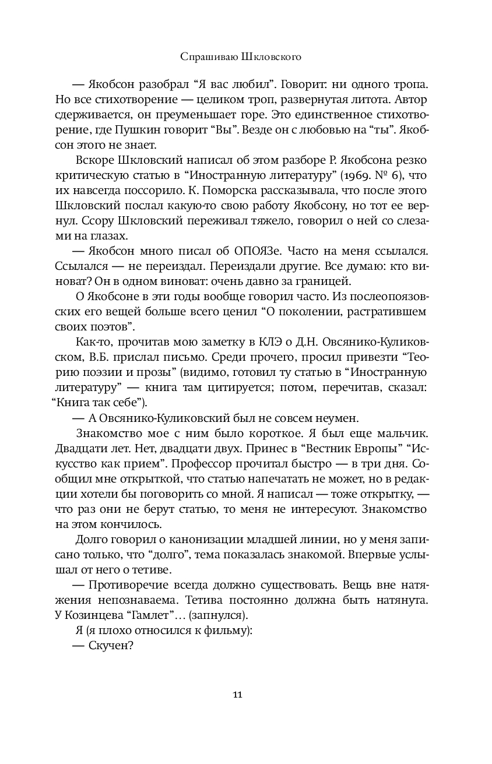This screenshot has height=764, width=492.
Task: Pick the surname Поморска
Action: (272, 190)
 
